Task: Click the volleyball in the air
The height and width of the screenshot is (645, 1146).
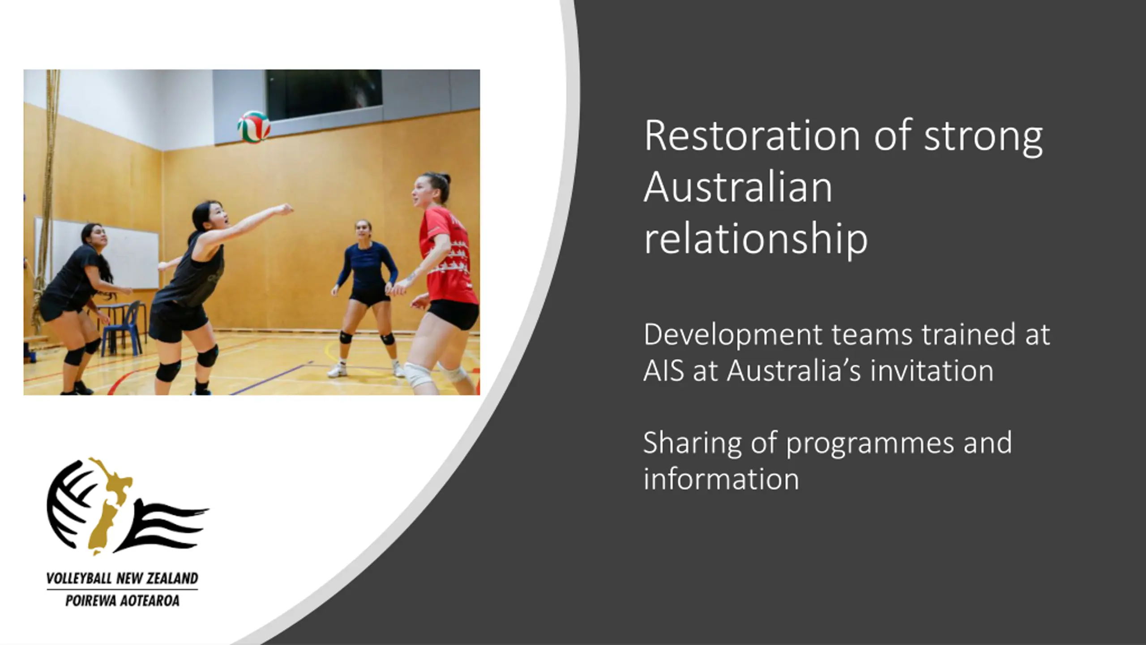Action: click(254, 127)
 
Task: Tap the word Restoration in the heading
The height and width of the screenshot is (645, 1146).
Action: click(753, 135)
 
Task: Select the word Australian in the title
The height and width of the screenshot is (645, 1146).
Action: click(738, 186)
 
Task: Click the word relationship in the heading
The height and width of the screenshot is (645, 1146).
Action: click(756, 239)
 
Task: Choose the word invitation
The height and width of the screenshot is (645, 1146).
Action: click(932, 370)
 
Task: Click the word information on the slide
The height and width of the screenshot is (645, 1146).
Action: click(721, 479)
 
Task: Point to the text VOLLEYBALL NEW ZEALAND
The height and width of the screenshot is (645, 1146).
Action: click(122, 578)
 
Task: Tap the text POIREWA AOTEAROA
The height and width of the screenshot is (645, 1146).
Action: click(122, 600)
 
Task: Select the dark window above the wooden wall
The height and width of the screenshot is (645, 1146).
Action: click(324, 95)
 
